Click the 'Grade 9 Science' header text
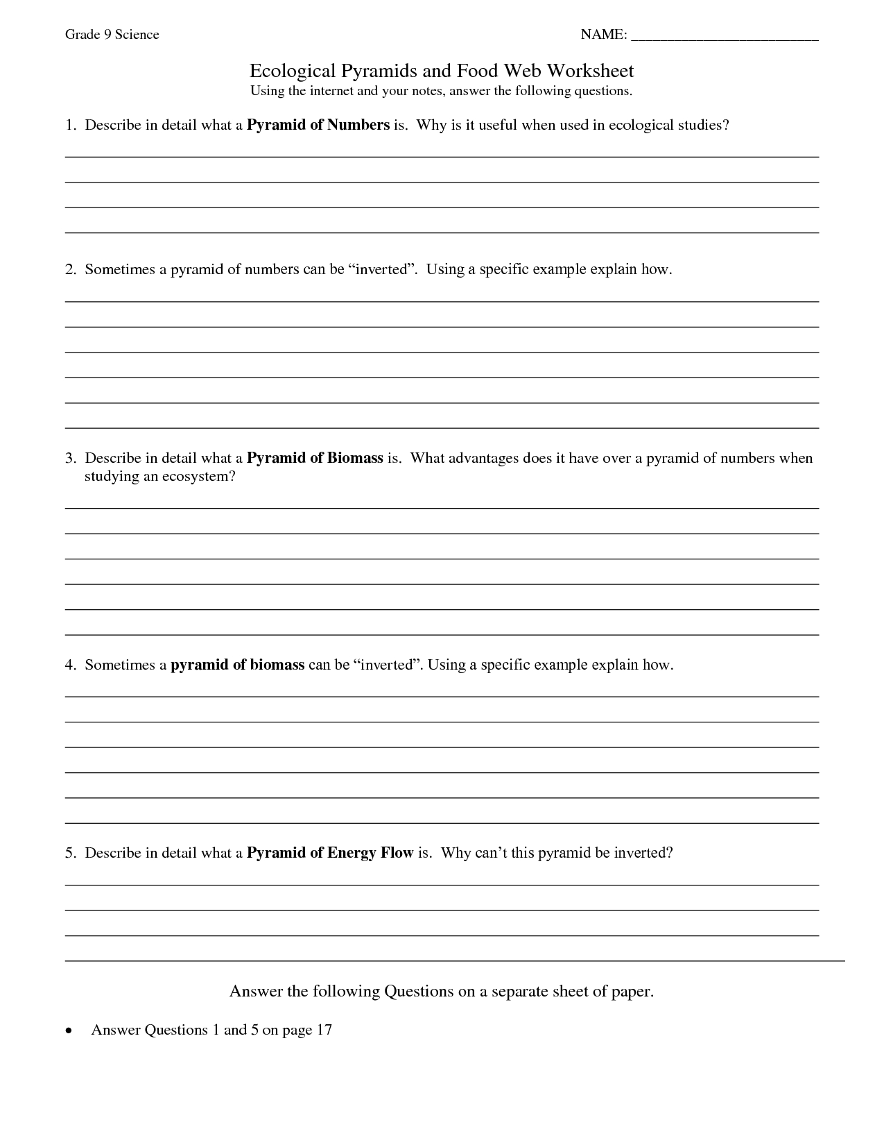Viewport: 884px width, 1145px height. click(112, 35)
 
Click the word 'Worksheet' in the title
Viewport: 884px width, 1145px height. click(590, 71)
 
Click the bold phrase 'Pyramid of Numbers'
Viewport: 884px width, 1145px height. click(318, 125)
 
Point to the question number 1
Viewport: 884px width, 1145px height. click(69, 125)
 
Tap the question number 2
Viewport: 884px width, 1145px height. click(69, 269)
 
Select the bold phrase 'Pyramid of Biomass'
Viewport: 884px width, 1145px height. click(315, 458)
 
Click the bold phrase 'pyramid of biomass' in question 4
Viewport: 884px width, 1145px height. click(238, 665)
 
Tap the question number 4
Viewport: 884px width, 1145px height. click(69, 665)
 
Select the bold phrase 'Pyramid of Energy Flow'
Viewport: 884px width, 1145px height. click(330, 853)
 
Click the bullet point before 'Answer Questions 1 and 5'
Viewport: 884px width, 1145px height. click(68, 1031)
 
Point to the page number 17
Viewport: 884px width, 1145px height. click(324, 1030)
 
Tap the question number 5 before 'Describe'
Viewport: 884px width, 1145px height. click(69, 853)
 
